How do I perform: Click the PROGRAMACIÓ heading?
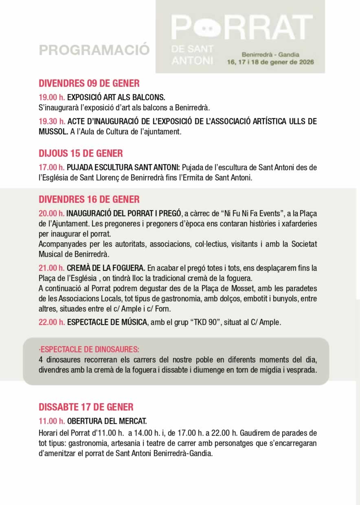click(94, 50)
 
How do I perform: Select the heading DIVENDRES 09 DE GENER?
click(89, 83)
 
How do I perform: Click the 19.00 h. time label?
click(52, 98)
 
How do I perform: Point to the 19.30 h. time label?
click(52, 121)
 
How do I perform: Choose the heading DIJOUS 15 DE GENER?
click(81, 154)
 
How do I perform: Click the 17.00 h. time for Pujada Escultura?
click(52, 167)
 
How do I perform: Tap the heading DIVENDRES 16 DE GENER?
click(89, 199)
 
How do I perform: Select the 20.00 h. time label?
click(52, 213)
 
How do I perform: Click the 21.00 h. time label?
click(52, 268)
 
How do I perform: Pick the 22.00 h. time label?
click(52, 322)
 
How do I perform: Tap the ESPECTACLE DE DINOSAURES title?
click(89, 349)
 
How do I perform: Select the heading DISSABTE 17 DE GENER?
click(86, 407)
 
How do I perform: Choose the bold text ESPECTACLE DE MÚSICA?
click(107, 322)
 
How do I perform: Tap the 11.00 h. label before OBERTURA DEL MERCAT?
click(52, 421)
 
